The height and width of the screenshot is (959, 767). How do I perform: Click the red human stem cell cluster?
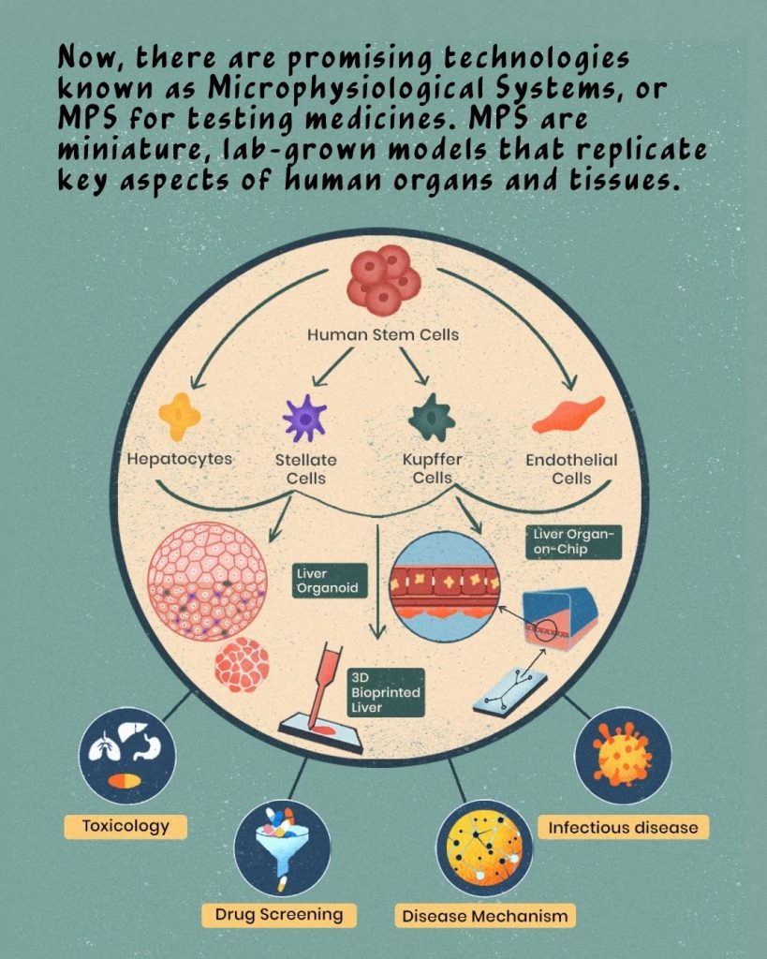tap(383, 278)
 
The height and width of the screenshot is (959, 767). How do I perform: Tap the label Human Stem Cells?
tap(383, 333)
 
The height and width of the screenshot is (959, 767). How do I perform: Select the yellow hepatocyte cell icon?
tap(179, 416)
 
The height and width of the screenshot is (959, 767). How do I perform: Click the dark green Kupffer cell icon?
tap(432, 417)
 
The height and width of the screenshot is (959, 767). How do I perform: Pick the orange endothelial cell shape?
tap(568, 415)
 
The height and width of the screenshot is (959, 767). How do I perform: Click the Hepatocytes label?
tap(179, 460)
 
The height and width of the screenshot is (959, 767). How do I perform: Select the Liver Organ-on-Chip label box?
tap(572, 541)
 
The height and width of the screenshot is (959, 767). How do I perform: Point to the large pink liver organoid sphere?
tap(208, 581)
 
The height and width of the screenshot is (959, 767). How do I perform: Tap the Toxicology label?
tap(125, 826)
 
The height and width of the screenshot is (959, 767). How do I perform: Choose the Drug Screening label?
tap(279, 913)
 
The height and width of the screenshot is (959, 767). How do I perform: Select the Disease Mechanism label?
tap(484, 915)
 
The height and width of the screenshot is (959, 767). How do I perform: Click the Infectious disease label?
tap(623, 827)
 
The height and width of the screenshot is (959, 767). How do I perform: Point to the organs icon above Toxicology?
tap(126, 756)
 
